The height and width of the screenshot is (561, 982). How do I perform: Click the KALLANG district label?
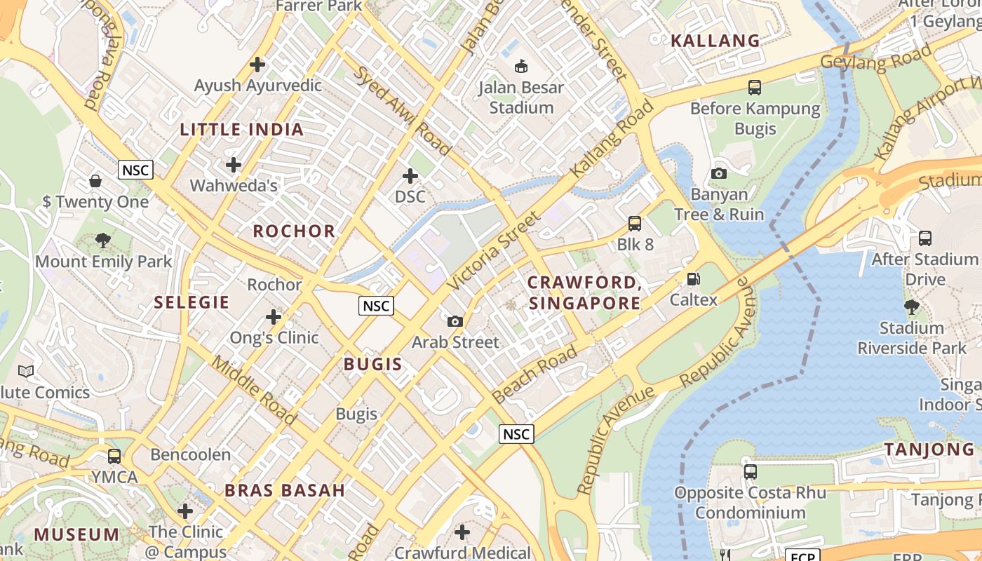click(x=715, y=41)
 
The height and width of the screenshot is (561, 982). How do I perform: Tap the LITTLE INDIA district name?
click(x=242, y=130)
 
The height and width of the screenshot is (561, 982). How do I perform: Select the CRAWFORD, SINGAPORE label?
click(x=584, y=293)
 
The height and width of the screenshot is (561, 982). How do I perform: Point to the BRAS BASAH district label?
click(x=285, y=490)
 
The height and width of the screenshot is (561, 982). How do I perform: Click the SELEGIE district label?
click(x=191, y=302)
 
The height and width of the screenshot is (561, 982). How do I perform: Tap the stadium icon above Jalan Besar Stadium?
click(x=520, y=67)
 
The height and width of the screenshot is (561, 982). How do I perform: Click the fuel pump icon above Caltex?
click(x=693, y=279)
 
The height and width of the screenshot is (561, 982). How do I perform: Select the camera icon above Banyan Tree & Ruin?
click(x=718, y=173)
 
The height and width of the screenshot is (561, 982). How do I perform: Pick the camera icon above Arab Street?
click(x=455, y=321)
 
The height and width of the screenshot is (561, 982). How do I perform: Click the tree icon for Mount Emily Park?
click(x=103, y=241)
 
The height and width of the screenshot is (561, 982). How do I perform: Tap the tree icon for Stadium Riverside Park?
click(x=911, y=306)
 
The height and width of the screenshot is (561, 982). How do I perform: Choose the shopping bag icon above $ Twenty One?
click(x=95, y=181)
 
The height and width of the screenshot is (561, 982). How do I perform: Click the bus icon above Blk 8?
click(x=635, y=224)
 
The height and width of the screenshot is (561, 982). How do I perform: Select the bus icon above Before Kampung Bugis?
click(x=755, y=88)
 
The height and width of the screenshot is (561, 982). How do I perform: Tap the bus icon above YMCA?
click(x=114, y=457)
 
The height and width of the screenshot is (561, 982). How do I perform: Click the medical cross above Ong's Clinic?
click(x=274, y=317)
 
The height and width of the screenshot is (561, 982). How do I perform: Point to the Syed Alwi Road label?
click(x=401, y=110)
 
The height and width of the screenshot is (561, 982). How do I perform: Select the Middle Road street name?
click(x=254, y=390)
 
